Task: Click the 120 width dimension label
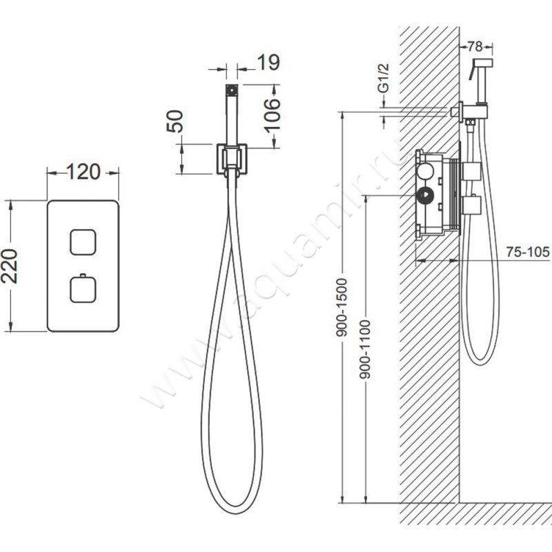[x=83, y=172]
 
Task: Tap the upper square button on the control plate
[x=83, y=242]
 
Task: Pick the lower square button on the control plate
[x=83, y=289]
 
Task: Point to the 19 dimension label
[x=268, y=63]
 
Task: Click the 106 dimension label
[x=273, y=115]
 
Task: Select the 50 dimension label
[x=175, y=121]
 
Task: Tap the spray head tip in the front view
[x=232, y=90]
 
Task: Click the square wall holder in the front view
[x=232, y=159]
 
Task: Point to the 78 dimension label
[x=475, y=46]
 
